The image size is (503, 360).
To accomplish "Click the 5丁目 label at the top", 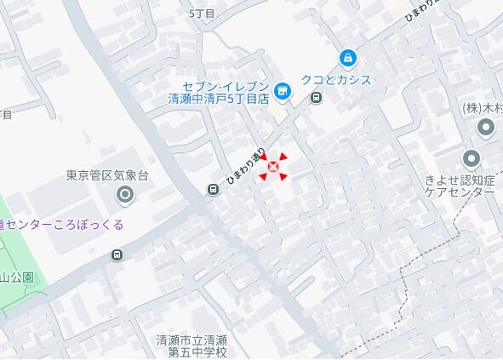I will coord(203,14).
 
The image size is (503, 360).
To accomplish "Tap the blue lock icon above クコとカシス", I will coord(347,58).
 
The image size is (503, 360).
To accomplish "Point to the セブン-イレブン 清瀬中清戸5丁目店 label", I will coord(218,93).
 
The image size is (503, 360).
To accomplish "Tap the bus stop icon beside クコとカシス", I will coord(317,97).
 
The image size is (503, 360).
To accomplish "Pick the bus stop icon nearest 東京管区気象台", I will coord(211,190).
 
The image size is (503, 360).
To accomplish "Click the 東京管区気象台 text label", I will coord(107,176).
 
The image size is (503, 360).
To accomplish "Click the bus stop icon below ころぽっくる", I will coord(117,254).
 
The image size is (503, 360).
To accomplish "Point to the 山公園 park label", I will coord(16,277).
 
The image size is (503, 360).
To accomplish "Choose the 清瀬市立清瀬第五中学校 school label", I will coord(192,346).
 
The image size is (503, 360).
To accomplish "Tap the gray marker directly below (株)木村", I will coord(486,129).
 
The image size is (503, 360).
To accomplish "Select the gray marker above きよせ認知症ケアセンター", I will coord(471,158).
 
